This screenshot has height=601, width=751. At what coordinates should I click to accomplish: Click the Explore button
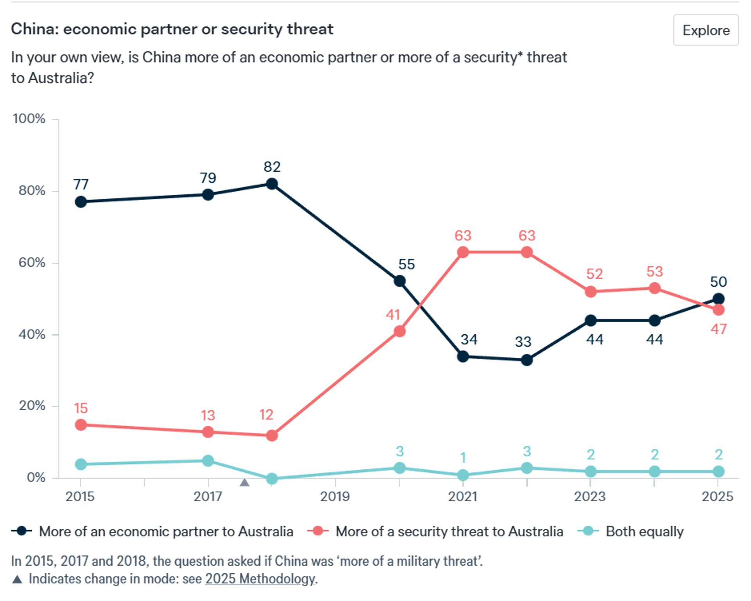tap(705, 30)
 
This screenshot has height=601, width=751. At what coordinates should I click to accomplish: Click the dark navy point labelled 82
tap(271, 184)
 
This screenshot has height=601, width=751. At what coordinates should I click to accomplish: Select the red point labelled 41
tap(399, 332)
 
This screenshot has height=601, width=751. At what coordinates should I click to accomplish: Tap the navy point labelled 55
tap(399, 281)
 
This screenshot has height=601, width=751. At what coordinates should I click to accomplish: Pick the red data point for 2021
tap(463, 252)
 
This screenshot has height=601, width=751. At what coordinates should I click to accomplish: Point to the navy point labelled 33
tap(526, 360)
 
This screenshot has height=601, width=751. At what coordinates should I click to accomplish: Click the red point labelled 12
tap(271, 435)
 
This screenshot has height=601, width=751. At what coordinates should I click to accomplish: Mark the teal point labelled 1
tap(463, 475)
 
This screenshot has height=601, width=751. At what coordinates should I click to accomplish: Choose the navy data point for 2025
tap(718, 299)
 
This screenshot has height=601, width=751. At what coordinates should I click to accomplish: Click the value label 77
tap(81, 184)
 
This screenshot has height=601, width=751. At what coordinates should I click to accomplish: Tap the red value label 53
tap(654, 271)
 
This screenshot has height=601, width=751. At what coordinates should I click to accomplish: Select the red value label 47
tap(718, 329)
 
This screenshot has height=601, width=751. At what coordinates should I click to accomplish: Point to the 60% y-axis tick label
tap(32, 262)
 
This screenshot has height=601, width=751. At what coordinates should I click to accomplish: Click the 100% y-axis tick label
tap(29, 118)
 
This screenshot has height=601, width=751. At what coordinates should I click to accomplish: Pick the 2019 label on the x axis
tap(335, 497)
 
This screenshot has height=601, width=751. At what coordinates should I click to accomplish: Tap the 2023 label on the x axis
tap(589, 497)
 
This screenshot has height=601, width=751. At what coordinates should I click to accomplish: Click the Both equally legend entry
tap(644, 531)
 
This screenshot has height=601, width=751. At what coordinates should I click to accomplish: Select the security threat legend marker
tap(318, 531)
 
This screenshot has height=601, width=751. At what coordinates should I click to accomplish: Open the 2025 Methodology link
tap(260, 579)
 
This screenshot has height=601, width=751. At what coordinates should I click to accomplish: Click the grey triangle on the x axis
tap(244, 482)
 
